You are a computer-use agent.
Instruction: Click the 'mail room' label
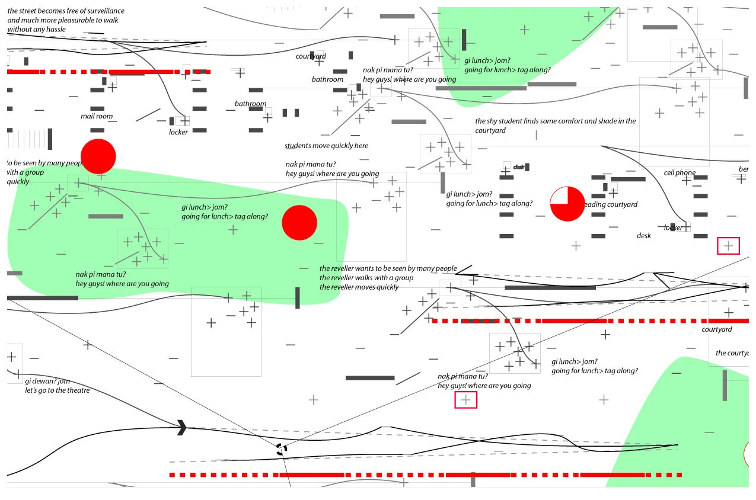click(97, 116)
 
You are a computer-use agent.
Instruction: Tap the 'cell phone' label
click(680, 173)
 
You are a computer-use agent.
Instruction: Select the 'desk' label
click(644, 236)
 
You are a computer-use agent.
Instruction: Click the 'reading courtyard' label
click(611, 204)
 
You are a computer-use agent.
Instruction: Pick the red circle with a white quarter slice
click(567, 204)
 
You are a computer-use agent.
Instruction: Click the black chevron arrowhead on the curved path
click(181, 427)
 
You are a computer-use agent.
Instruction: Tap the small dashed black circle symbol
click(282, 450)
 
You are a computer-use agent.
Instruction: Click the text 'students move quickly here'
click(326, 146)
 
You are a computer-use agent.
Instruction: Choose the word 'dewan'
click(43, 381)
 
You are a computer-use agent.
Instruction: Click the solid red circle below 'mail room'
click(98, 156)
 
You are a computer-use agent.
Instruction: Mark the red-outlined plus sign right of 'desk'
click(728, 245)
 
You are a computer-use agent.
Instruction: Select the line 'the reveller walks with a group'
click(366, 278)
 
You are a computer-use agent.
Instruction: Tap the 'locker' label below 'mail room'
click(178, 132)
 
